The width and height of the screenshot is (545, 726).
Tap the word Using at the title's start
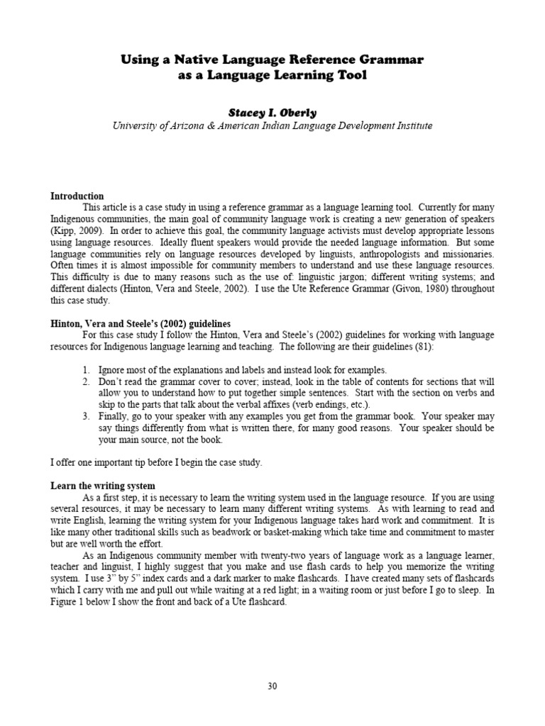(x=140, y=60)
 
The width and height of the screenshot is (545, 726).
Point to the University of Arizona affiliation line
(x=272, y=125)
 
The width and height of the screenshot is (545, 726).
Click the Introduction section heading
(x=77, y=196)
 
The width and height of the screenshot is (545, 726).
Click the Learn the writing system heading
(x=103, y=486)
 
